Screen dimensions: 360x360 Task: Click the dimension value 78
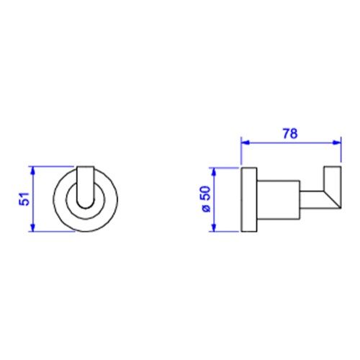click(x=290, y=133)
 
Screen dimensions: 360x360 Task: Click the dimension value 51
click(x=24, y=199)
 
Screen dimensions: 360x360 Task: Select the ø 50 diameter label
click(x=206, y=199)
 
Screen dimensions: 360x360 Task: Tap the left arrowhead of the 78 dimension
click(x=246, y=143)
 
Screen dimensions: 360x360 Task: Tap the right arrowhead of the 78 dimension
click(x=336, y=143)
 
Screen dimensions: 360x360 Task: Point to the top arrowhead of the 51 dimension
click(x=33, y=171)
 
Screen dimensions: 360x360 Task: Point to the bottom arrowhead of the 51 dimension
click(x=33, y=228)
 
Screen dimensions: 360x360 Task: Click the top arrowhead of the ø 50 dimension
click(x=215, y=172)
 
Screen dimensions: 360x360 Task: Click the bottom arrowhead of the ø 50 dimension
click(x=215, y=228)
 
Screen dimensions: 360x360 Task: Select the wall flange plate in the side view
click(x=249, y=199)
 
